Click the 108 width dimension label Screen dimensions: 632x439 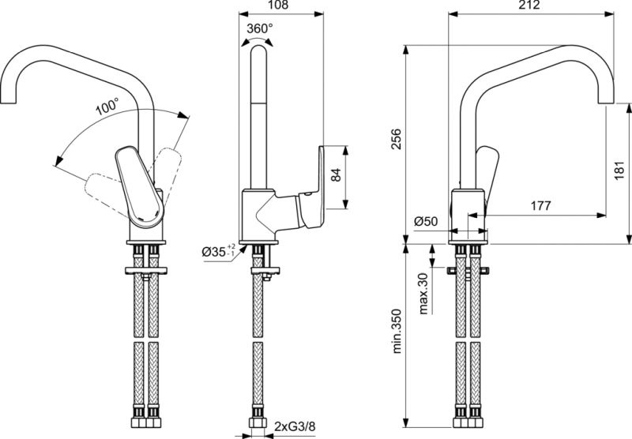278,5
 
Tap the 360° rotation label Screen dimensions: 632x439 260,28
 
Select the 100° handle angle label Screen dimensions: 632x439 107,107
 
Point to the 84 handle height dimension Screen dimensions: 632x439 336,175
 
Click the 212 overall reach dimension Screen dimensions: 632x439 529,5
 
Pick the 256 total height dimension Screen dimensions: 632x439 397,139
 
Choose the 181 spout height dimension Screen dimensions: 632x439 619,171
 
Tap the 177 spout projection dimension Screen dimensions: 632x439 540,205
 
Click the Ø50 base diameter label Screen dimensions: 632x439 426,221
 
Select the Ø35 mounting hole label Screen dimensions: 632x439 219,252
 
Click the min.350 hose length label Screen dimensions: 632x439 397,331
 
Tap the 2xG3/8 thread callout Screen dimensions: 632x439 295,426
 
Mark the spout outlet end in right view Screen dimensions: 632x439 606,102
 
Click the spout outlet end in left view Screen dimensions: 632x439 8,102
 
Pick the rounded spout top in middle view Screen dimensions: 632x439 258,51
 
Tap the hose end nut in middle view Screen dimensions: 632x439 258,422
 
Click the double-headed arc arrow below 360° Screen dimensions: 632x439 256,39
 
